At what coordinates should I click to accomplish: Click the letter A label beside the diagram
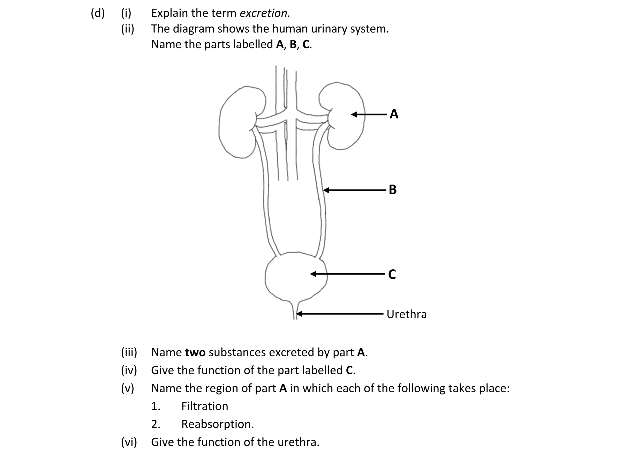pyautogui.click(x=394, y=114)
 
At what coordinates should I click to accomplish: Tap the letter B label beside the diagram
pyautogui.click(x=392, y=190)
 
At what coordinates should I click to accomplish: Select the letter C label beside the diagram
pyautogui.click(x=392, y=275)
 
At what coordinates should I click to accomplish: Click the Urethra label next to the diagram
pyautogui.click(x=406, y=314)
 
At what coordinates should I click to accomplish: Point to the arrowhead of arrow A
pyautogui.click(x=353, y=114)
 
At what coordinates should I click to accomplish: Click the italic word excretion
pyautogui.click(x=265, y=13)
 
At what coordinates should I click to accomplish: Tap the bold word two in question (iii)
pyautogui.click(x=195, y=353)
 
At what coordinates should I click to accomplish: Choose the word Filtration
pyautogui.click(x=205, y=406)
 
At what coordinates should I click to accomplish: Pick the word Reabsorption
pyautogui.click(x=217, y=424)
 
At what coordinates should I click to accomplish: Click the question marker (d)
pyautogui.click(x=97, y=13)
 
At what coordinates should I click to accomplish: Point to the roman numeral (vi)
pyautogui.click(x=129, y=442)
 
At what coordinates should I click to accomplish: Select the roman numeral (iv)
pyautogui.click(x=129, y=370)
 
